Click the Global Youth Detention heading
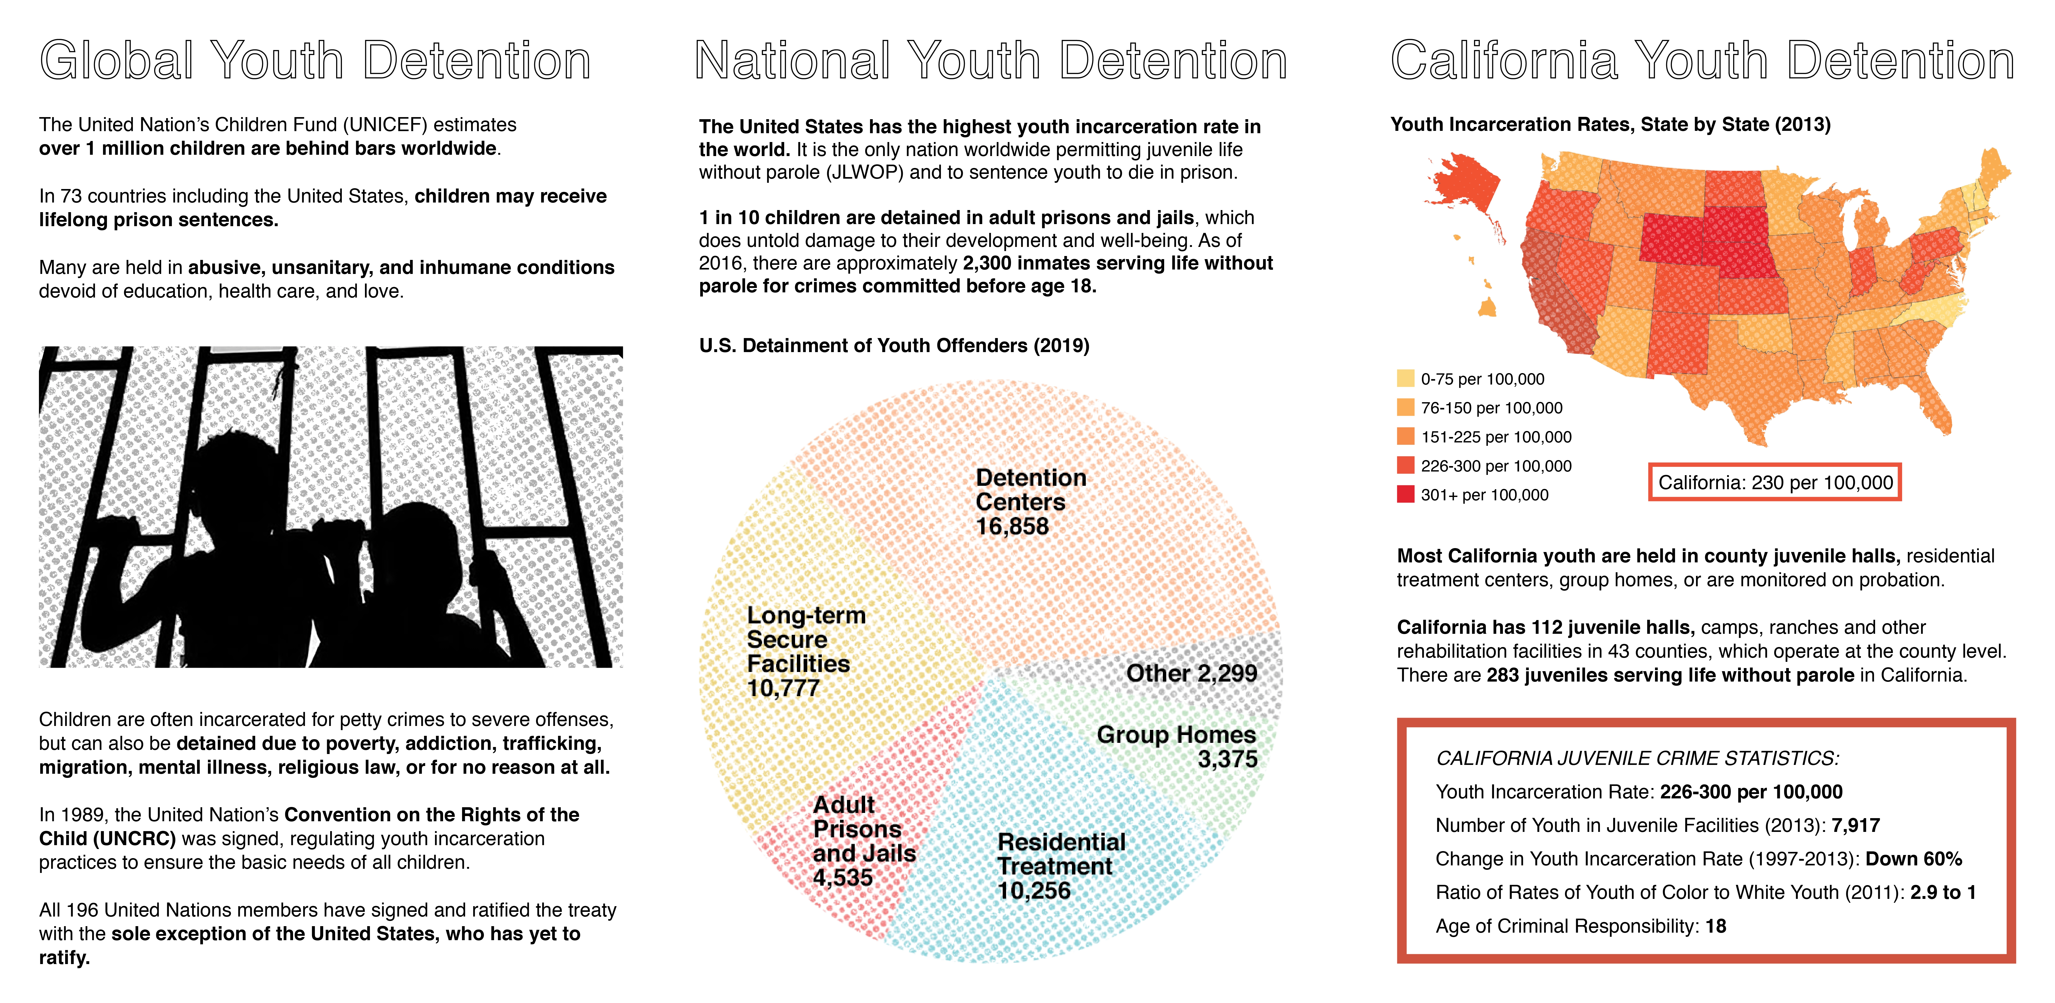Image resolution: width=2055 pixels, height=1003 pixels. click(x=315, y=61)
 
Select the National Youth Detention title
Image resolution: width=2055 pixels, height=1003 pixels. click(x=991, y=61)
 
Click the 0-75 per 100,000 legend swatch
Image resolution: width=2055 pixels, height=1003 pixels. click(x=1406, y=378)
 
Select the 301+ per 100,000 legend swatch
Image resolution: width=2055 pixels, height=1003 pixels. click(x=1406, y=494)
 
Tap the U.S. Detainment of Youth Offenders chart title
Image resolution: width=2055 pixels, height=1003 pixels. click(x=893, y=346)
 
